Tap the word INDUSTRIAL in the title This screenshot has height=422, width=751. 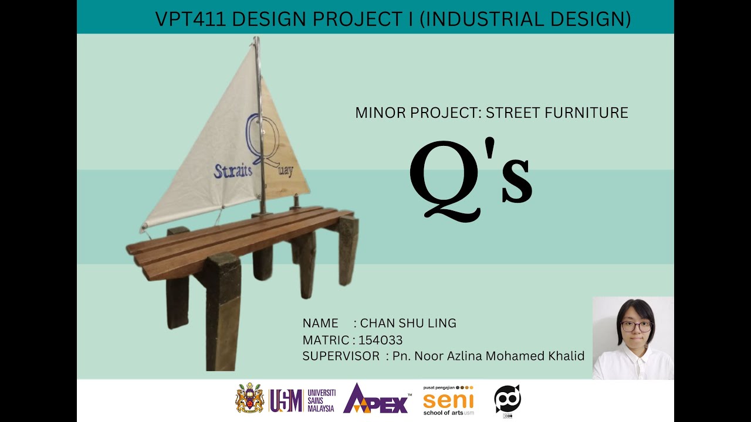point(475,19)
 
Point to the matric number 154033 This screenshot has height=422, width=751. point(380,340)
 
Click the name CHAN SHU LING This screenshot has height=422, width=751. point(408,323)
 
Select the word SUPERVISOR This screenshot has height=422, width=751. point(341,356)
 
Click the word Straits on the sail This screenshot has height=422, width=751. point(233,171)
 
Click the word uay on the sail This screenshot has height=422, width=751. point(285,171)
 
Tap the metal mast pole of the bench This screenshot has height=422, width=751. point(258,117)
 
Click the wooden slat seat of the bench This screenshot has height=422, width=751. point(235,237)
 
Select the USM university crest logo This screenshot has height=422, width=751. point(250,399)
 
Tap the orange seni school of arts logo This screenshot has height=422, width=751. point(448,401)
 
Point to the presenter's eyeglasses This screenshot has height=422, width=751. point(636,326)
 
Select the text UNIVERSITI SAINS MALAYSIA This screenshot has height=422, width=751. point(321,400)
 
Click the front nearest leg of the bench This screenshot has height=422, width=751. point(223,311)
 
